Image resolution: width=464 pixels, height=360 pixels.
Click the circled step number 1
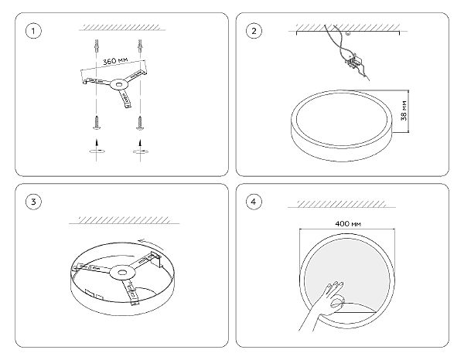click(x=33, y=31)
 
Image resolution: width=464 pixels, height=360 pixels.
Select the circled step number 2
click(x=254, y=31)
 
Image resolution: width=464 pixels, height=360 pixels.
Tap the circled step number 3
click(x=33, y=202)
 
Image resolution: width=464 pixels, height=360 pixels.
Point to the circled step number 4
click(x=254, y=202)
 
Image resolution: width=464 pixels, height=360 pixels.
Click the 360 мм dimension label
click(x=115, y=61)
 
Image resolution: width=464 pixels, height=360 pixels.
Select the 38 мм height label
click(x=404, y=110)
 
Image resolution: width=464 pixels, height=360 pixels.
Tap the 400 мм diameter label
click(x=348, y=224)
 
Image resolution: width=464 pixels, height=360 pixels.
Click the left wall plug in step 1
click(x=96, y=46)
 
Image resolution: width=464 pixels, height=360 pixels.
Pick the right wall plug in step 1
click(x=140, y=46)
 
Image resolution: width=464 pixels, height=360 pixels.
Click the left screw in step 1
click(x=96, y=123)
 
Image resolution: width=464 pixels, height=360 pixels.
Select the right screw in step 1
click(x=140, y=123)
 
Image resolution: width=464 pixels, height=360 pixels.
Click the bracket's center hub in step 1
click(x=119, y=85)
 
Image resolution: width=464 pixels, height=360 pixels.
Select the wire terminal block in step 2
click(x=354, y=61)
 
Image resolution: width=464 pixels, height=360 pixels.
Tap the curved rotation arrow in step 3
click(x=152, y=243)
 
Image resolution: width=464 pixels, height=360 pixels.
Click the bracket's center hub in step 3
click(x=121, y=273)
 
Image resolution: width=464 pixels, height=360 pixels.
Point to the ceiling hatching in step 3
click(x=124, y=220)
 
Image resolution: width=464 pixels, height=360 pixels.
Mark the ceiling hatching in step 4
click(x=341, y=204)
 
